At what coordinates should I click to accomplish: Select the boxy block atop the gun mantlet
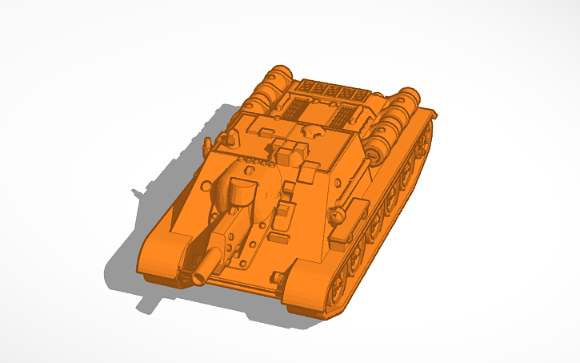(x=241, y=192)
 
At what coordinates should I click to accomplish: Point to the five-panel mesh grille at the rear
(x=329, y=91)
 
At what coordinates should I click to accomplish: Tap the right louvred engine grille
(x=343, y=117)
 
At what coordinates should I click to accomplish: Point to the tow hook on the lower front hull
(x=277, y=276)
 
